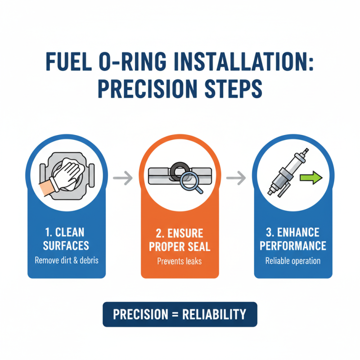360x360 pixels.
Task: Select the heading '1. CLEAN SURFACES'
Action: click(67, 239)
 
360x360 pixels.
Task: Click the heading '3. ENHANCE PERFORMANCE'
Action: click(293, 239)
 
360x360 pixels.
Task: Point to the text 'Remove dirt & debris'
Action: click(67, 260)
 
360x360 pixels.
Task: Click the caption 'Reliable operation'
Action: click(293, 260)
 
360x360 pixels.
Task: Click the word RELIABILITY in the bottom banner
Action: click(214, 314)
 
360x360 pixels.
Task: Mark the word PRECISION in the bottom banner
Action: click(140, 314)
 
